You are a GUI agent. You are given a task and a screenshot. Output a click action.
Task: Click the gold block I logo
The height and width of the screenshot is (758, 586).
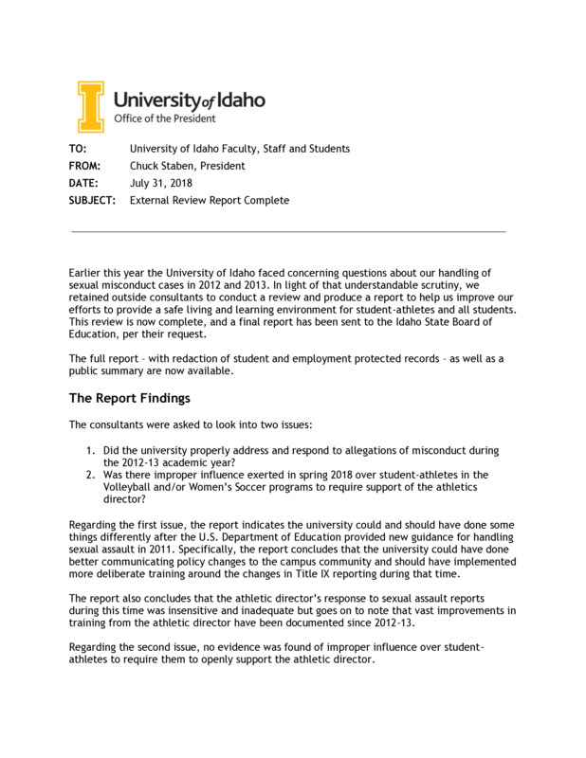[x=90, y=106]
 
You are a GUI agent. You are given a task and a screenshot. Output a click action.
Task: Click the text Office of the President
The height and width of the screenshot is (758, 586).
[x=165, y=119]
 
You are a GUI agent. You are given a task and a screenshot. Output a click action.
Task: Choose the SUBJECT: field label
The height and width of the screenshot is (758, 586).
[x=92, y=201]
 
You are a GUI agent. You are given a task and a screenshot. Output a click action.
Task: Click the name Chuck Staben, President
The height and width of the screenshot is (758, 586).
[x=187, y=166]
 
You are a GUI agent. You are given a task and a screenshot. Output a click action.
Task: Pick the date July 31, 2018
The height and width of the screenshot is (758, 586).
[x=160, y=183]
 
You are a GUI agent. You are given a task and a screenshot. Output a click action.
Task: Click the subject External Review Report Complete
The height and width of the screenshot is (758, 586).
[x=209, y=201]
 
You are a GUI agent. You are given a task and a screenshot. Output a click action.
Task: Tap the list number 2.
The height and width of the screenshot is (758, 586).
[x=90, y=475]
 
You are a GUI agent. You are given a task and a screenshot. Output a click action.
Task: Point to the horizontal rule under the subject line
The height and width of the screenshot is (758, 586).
[x=288, y=231]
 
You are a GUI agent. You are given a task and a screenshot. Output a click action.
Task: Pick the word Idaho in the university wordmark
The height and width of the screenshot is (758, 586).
[x=239, y=99]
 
